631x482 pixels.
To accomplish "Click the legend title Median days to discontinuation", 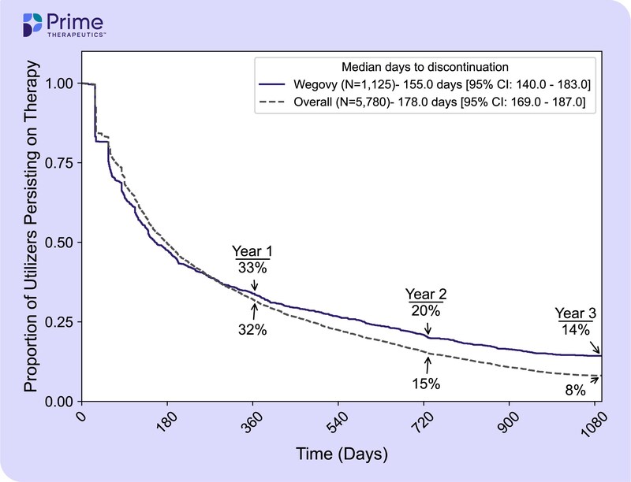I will pos(418,66).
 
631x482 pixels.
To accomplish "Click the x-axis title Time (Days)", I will pos(342,454).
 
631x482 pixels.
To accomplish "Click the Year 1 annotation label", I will pos(252,251).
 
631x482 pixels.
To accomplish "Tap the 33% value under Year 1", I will pos(252,268).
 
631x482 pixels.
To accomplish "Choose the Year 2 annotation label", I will pos(428,294).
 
